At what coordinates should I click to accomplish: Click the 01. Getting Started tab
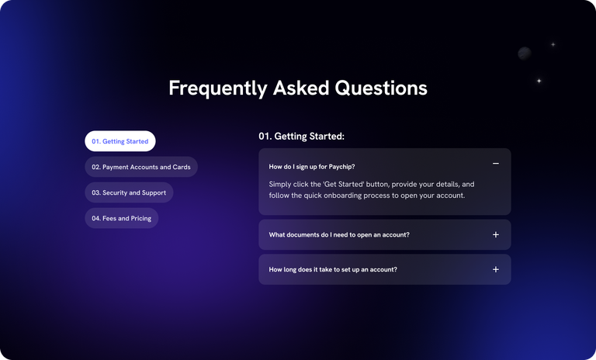(120, 141)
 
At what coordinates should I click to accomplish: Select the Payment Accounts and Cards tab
(141, 167)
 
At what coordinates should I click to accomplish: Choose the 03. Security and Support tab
(129, 192)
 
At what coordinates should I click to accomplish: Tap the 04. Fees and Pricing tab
(122, 218)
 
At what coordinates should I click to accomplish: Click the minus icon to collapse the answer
(496, 164)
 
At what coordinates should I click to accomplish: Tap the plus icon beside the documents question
(496, 234)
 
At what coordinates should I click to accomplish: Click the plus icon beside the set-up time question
(496, 269)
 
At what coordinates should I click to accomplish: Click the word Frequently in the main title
(218, 88)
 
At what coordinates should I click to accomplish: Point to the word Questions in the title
(381, 88)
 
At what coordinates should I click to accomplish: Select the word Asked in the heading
(301, 88)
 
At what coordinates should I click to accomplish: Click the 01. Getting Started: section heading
(301, 136)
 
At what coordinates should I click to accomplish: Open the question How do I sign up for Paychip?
(312, 167)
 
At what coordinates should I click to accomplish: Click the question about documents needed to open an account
(339, 235)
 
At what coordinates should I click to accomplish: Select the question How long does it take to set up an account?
(333, 269)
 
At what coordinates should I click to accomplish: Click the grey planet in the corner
(525, 54)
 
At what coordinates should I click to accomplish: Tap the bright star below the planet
(539, 81)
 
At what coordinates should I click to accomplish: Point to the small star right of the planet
(553, 44)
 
